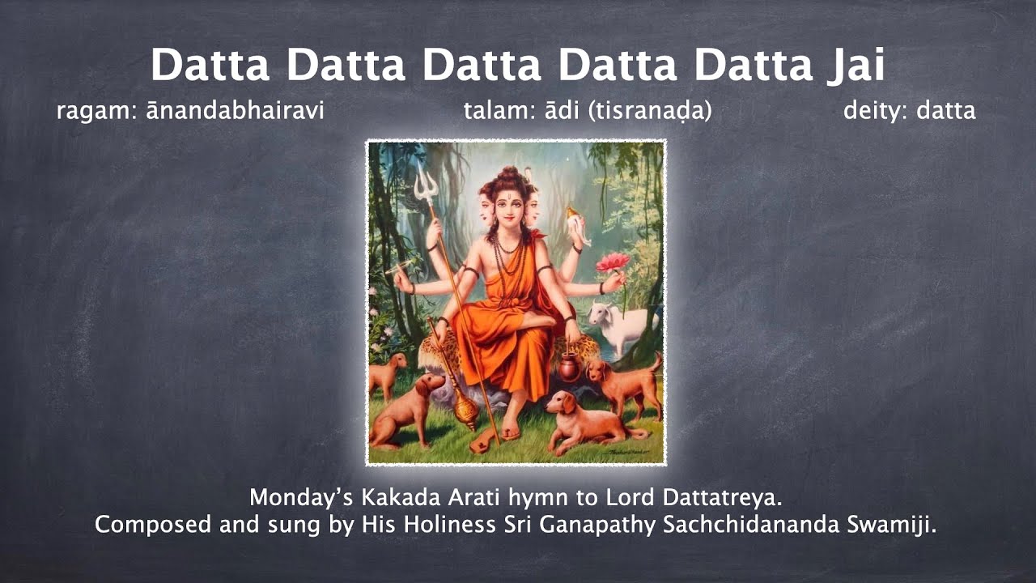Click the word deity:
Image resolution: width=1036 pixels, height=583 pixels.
(x=876, y=111)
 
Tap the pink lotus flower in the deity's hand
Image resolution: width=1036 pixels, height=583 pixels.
(x=613, y=262)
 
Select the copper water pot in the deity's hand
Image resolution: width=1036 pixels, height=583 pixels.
(x=570, y=368)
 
